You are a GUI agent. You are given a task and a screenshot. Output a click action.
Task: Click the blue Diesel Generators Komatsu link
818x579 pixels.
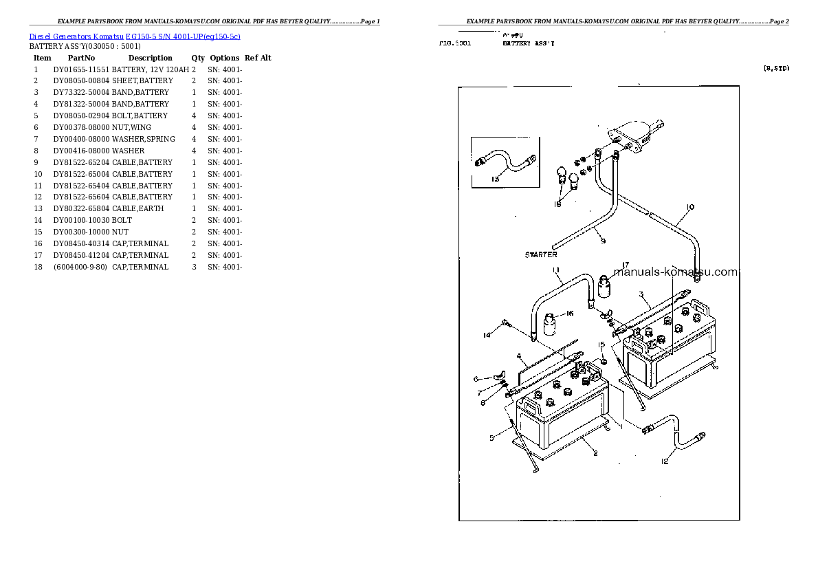click(x=135, y=36)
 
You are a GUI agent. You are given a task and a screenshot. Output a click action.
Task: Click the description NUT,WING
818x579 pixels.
click(x=132, y=127)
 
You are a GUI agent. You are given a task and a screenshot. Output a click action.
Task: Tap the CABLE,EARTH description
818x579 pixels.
click(x=137, y=208)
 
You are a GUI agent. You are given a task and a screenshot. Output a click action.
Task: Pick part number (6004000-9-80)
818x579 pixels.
click(x=80, y=267)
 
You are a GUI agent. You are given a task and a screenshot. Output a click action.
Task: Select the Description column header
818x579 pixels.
click(x=150, y=58)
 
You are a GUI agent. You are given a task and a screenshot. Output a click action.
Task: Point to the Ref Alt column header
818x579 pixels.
click(x=258, y=58)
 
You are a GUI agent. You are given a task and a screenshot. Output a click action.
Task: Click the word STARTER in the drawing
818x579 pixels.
click(x=541, y=254)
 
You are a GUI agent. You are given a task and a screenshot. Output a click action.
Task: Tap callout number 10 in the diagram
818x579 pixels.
click(x=690, y=206)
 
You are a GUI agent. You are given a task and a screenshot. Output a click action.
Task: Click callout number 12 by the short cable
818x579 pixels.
click(x=664, y=461)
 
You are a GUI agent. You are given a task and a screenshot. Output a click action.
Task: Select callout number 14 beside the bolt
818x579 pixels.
click(x=487, y=336)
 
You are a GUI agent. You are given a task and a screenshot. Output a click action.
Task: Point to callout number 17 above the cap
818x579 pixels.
click(x=626, y=264)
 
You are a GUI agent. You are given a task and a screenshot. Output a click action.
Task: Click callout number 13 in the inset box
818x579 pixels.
click(x=495, y=179)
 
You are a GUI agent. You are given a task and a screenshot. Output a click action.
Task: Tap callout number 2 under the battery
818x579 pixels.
click(x=595, y=453)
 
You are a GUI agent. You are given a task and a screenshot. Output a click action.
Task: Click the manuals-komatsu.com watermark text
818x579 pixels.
click(x=675, y=272)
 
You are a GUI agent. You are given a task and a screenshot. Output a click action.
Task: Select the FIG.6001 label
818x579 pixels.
click(x=455, y=43)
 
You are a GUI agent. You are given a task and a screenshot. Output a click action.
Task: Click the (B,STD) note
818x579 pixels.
click(x=776, y=68)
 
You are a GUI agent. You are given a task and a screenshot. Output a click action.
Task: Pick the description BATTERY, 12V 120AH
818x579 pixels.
click(x=151, y=69)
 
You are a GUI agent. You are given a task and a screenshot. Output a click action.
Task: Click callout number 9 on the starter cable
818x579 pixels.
click(x=602, y=241)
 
